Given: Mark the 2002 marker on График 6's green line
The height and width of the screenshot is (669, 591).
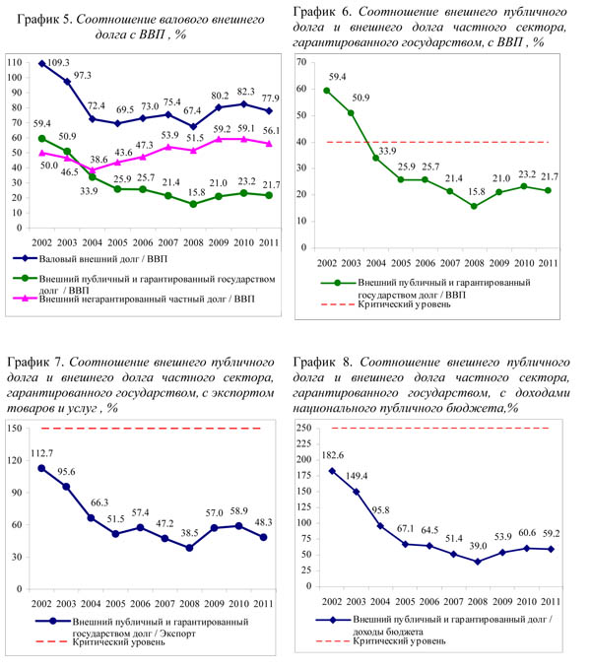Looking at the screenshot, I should point(327,91).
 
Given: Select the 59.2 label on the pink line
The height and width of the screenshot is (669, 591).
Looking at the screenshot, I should point(219,129).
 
